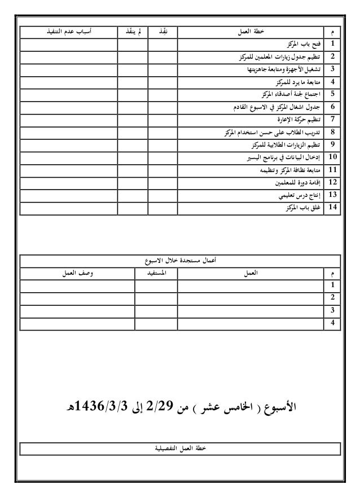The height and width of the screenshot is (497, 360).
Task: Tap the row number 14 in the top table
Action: [x=333, y=208]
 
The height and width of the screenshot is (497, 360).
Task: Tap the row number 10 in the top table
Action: [x=333, y=157]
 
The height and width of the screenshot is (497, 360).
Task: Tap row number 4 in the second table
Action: [x=333, y=323]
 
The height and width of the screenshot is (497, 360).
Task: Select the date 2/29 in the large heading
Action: [x=159, y=407]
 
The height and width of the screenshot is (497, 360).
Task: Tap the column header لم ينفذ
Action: [x=132, y=32]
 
